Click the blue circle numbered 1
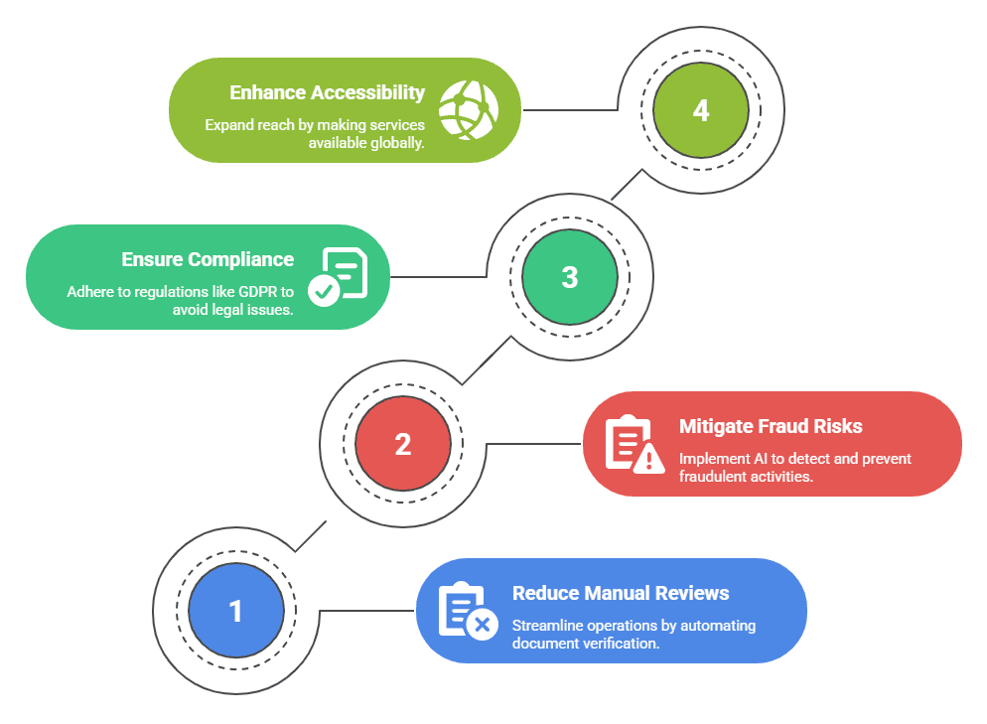click(236, 611)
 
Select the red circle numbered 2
click(402, 443)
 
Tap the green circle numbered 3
click(569, 276)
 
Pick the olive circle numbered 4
click(701, 109)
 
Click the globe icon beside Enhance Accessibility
click(468, 108)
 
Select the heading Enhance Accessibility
click(327, 92)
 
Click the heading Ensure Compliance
click(208, 259)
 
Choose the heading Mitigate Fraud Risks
click(771, 426)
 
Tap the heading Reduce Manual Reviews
click(621, 593)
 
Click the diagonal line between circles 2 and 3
click(487, 360)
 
